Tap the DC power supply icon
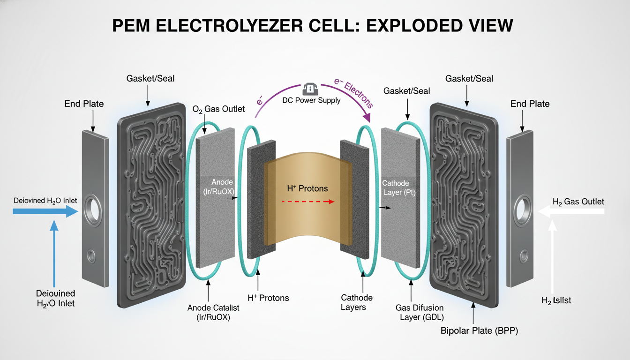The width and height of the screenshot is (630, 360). click(x=311, y=90)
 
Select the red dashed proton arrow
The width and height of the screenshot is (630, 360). click(x=307, y=202)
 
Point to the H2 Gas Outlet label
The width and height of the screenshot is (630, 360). click(x=578, y=202)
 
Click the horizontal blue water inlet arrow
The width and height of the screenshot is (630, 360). click(x=45, y=211)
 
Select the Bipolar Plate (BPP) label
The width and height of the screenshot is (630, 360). click(x=479, y=331)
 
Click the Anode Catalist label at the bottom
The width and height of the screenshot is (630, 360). click(x=213, y=312)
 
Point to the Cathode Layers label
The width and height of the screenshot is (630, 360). click(x=357, y=302)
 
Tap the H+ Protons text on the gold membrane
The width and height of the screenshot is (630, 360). click(x=307, y=188)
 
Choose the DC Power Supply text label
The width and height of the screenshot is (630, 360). click(x=311, y=100)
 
